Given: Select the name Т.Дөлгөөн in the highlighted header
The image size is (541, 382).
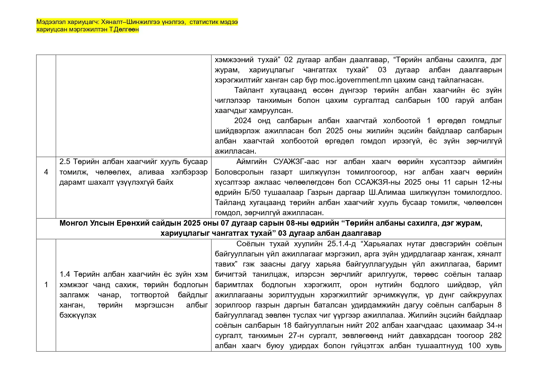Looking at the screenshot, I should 126,30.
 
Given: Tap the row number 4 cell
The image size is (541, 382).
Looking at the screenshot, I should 46,172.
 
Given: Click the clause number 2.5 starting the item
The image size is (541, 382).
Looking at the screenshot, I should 65,162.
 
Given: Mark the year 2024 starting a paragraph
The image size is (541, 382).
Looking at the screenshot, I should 243,121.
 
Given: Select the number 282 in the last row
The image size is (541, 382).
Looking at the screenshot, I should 495,335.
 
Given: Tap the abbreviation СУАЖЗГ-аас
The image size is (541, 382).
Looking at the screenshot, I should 296,162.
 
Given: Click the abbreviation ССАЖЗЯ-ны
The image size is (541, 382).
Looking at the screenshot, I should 377,182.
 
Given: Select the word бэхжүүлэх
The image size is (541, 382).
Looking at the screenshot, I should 78,315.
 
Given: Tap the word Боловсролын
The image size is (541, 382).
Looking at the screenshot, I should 239,172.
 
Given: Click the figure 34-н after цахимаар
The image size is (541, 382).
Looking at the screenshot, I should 494,325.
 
